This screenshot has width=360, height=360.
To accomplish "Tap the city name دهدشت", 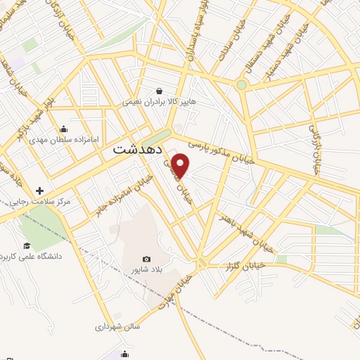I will coord(138,150).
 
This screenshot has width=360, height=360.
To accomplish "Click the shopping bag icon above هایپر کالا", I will coord(160,91).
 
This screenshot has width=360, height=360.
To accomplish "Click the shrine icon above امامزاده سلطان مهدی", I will coord(64,129).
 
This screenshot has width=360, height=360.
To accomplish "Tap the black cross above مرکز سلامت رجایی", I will coord(39,191).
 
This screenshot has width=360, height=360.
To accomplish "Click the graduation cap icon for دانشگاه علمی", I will coord(27,245).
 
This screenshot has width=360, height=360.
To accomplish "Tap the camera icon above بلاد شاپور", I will coord(146,259).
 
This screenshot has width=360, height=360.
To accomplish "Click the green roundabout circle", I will coord(242,85).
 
